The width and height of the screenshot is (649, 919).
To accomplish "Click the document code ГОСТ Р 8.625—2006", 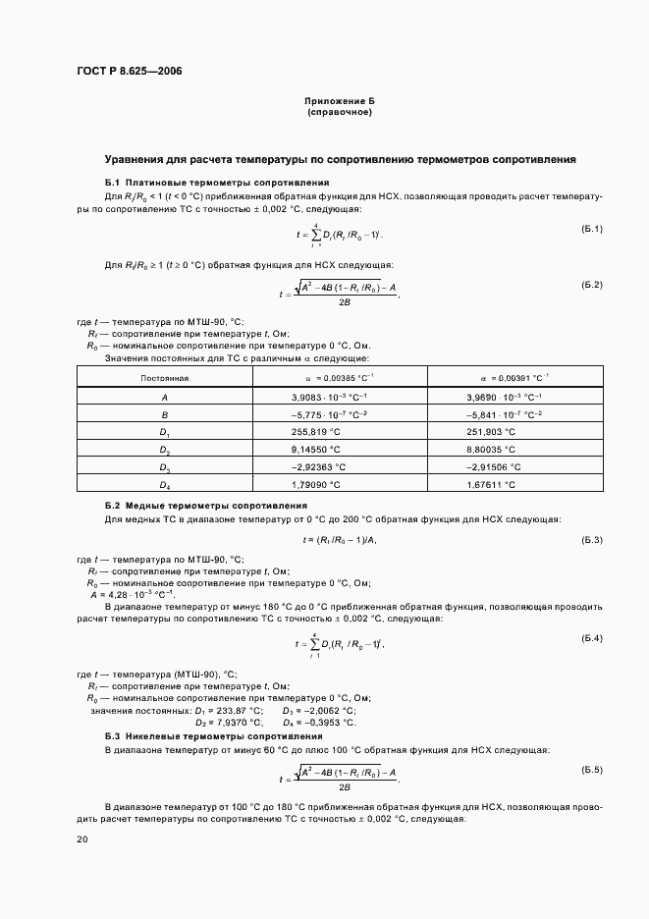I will (x=129, y=73).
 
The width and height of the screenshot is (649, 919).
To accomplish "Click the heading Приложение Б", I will (x=340, y=101).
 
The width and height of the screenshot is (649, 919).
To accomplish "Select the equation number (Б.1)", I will (x=591, y=230).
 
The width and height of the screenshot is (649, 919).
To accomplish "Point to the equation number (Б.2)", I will (x=591, y=285).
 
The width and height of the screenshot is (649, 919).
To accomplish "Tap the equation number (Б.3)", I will (x=591, y=540).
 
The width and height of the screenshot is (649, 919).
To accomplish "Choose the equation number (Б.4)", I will (x=591, y=639).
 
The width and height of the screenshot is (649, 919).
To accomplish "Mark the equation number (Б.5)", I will (x=591, y=769).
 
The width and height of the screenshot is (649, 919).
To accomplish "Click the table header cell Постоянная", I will (x=165, y=377).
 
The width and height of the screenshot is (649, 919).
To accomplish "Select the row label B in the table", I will (x=165, y=415).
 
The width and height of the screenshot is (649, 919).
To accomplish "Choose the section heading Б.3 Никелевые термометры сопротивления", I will (x=214, y=735).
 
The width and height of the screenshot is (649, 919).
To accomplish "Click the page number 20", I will (x=82, y=839).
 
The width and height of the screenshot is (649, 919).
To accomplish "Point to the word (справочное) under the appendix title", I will (x=340, y=112).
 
